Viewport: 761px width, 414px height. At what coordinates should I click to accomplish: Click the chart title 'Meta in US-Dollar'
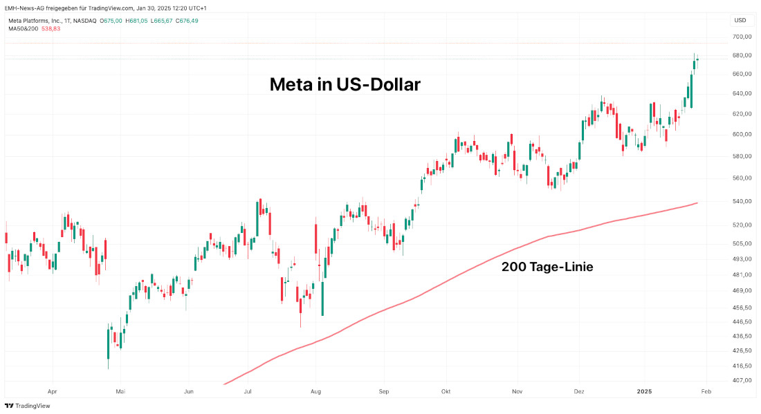point(345,85)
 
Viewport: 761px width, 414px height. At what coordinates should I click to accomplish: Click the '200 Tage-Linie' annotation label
point(547,266)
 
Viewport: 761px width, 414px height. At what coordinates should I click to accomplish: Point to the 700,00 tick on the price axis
point(742,36)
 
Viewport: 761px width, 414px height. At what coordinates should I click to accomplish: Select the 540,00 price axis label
point(742,201)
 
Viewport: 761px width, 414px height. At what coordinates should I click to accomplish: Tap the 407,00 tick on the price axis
point(742,380)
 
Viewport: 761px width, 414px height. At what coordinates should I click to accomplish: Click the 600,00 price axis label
point(742,134)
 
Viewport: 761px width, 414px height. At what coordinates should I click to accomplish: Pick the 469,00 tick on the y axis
point(742,291)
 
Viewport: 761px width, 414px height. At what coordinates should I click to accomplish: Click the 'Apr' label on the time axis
point(52,391)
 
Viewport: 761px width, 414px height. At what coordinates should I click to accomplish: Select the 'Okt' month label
point(446,391)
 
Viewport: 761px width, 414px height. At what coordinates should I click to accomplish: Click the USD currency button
point(740,20)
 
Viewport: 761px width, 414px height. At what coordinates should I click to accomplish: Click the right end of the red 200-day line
point(697,203)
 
